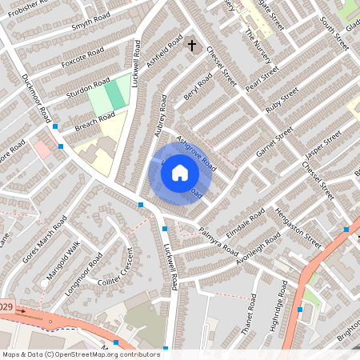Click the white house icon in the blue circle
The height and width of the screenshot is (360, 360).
coord(180,171)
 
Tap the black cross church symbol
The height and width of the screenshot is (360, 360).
coord(191,46)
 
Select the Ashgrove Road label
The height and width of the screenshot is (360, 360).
coord(197,153)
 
